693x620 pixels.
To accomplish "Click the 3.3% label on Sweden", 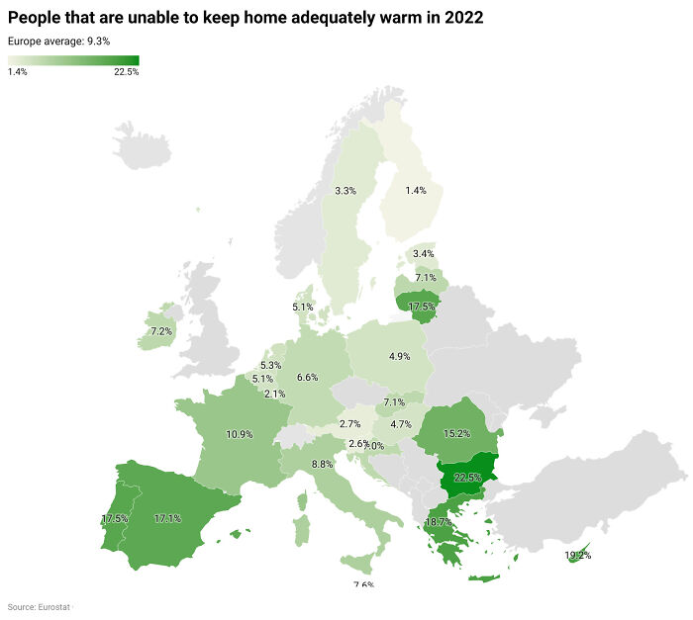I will point(346,190).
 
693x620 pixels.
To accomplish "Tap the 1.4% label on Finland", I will point(416,190).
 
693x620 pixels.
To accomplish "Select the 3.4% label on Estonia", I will point(424,254).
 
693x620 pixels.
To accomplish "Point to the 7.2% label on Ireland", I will point(161,331).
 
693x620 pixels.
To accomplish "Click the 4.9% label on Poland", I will point(400,356).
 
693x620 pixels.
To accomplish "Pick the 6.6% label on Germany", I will point(307,377).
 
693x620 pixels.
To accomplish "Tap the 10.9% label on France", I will point(240,434).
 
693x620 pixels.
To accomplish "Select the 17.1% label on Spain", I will point(167,518).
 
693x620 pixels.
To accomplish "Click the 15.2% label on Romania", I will point(456,432).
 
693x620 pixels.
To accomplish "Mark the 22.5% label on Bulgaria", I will point(467,478).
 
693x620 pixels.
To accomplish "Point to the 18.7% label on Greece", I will point(439,521).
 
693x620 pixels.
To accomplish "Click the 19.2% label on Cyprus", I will point(578,555).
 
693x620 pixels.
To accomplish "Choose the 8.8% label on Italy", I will point(322,465).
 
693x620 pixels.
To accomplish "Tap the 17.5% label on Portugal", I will point(115,519).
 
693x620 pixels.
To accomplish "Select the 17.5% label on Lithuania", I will point(422,307).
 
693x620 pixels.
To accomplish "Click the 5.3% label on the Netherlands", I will point(270,366).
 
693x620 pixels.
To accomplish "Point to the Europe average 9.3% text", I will point(58,41).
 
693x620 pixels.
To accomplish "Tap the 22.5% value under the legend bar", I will point(127,72).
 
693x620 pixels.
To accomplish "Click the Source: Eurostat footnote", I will point(38,606).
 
